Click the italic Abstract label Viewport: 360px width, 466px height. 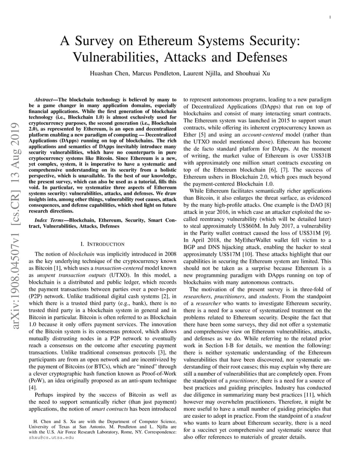point(44,100)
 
